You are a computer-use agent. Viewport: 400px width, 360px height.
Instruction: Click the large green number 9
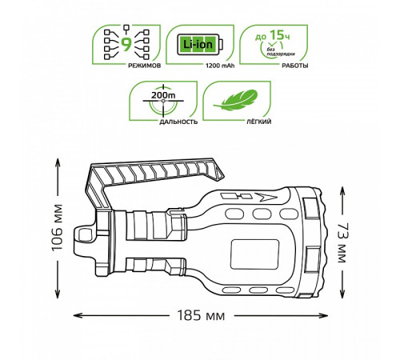tap(126, 44)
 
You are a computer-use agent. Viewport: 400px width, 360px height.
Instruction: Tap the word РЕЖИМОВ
tap(145, 66)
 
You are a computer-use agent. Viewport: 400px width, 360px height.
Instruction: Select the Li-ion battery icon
tap(200, 44)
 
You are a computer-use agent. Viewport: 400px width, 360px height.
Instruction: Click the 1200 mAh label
tap(220, 66)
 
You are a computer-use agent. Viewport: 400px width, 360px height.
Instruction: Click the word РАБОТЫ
tap(295, 66)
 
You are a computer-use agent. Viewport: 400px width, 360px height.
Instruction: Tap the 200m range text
tap(163, 95)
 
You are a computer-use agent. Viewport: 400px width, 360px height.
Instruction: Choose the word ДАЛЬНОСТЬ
tap(178, 122)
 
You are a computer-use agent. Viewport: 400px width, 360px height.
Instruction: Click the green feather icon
tap(235, 100)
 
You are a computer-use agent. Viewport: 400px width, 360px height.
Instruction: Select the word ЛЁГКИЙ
tap(258, 122)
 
